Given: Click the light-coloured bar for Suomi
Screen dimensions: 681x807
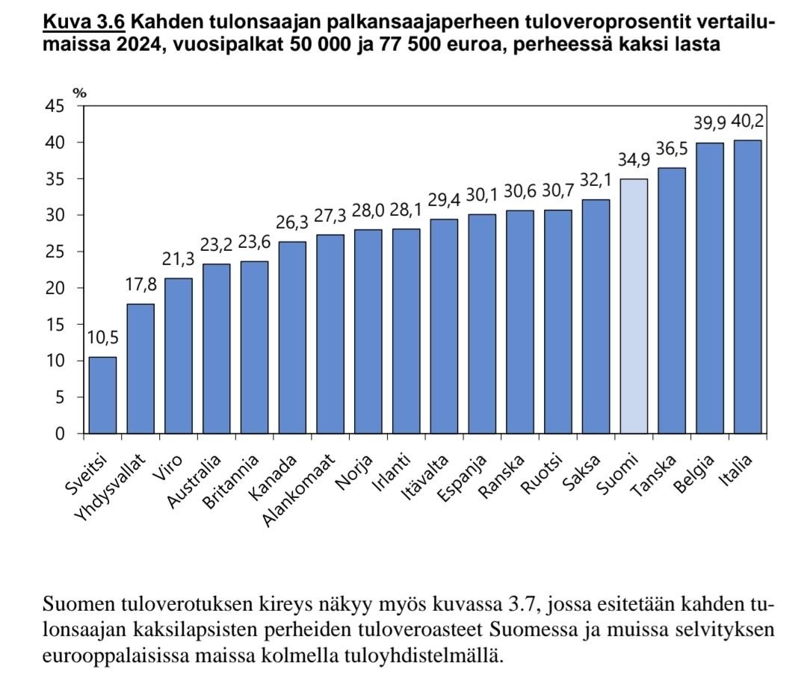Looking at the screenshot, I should click(x=634, y=306).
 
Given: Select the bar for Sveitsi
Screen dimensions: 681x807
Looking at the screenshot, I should click(x=102, y=395).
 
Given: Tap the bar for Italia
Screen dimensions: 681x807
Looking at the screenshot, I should click(x=747, y=287).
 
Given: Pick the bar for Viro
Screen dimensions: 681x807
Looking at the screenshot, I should click(x=179, y=355).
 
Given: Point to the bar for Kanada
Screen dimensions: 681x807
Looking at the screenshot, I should click(x=292, y=338).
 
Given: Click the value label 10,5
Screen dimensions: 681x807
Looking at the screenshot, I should click(x=102, y=338).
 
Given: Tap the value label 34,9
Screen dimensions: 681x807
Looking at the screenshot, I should click(x=634, y=161).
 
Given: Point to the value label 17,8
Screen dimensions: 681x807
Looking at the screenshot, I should click(x=140, y=285).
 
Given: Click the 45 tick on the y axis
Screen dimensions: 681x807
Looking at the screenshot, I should click(x=55, y=106).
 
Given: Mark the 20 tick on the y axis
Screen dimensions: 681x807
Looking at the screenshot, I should click(x=55, y=288).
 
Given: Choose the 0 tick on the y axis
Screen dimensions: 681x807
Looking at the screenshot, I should click(x=60, y=434).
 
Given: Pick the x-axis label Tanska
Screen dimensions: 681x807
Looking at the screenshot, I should click(x=654, y=475).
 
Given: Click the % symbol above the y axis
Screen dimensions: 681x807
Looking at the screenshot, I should click(x=79, y=93).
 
